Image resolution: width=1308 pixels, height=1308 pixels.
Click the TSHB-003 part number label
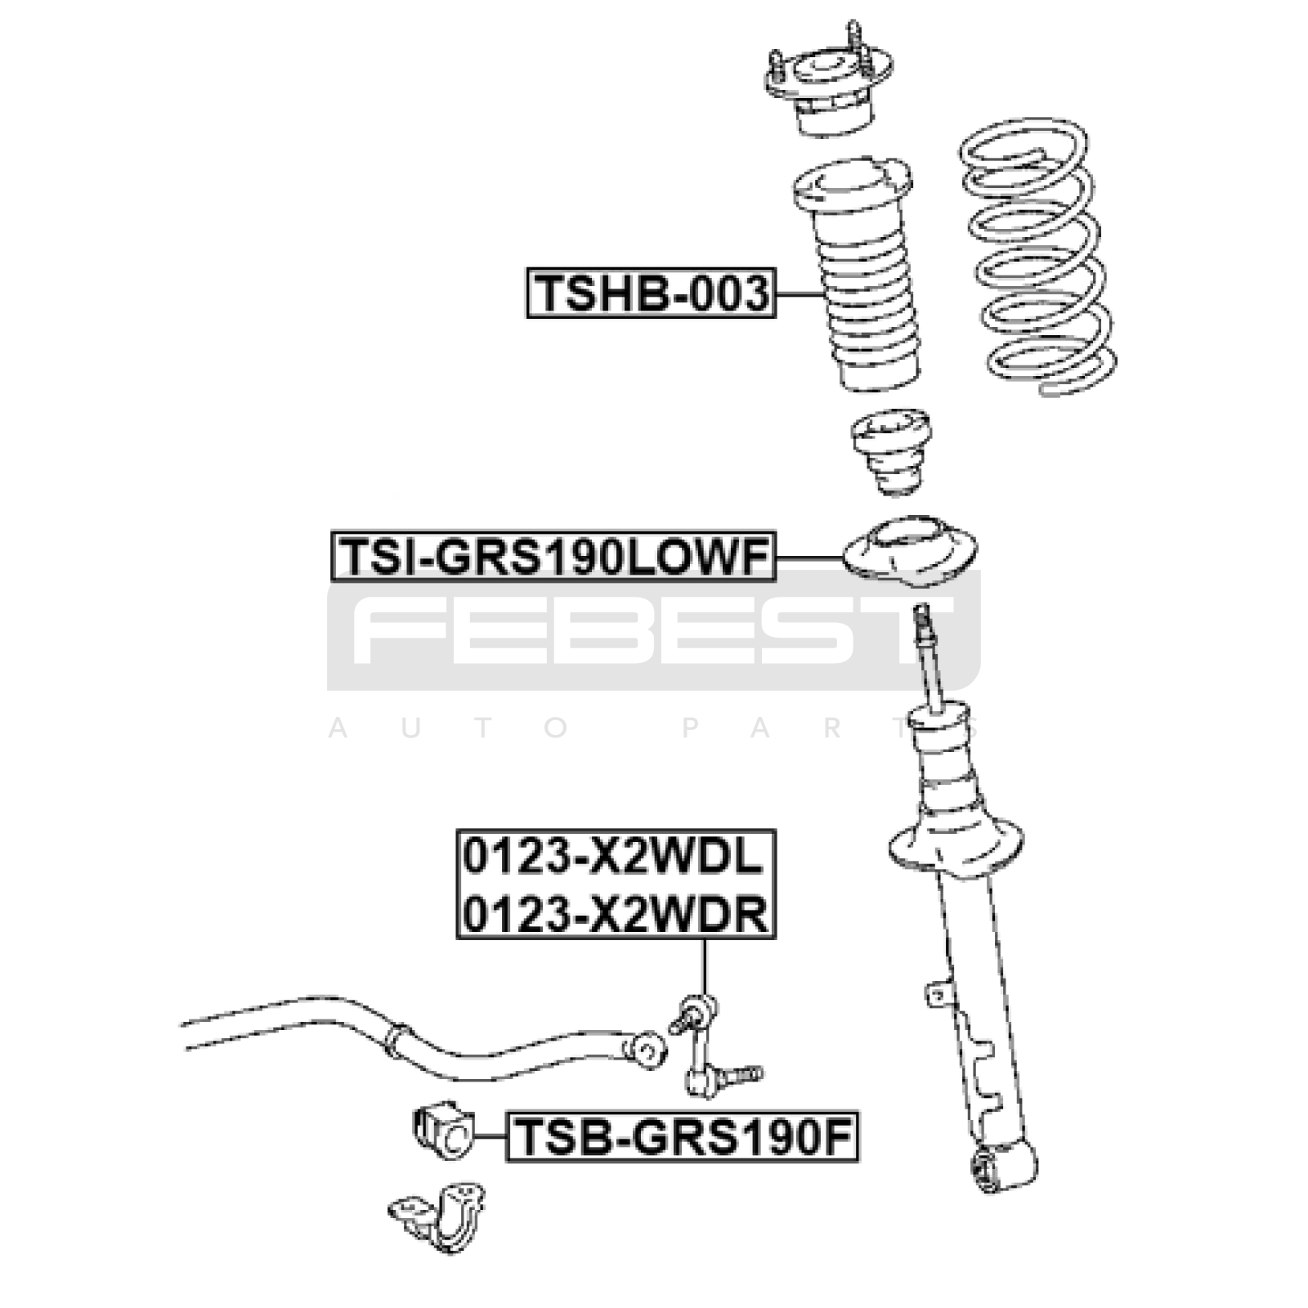(x=650, y=293)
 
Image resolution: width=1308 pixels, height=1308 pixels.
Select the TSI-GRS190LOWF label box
(x=553, y=558)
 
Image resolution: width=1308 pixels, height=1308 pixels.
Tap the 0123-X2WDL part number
(x=614, y=858)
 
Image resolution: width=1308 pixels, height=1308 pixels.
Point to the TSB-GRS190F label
(x=683, y=1136)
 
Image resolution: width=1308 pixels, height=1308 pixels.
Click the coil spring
(x=1037, y=258)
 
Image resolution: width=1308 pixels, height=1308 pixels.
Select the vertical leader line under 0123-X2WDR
(x=704, y=966)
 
